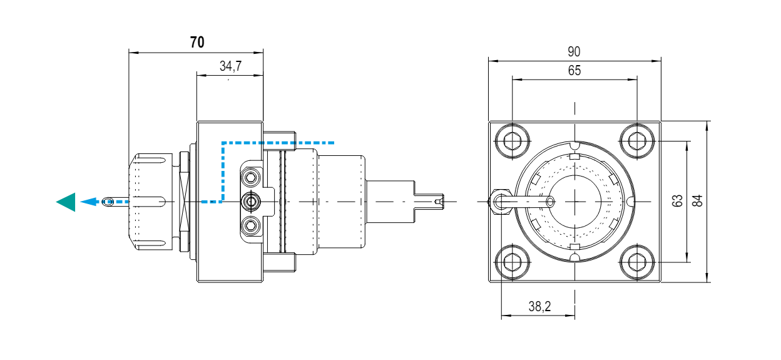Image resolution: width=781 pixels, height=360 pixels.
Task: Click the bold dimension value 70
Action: pyautogui.click(x=197, y=43)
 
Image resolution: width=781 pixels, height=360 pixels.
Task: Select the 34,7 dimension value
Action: pyautogui.click(x=231, y=66)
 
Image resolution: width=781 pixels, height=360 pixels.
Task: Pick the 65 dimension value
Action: pyautogui.click(x=574, y=70)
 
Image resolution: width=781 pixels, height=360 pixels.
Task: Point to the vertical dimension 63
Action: pyautogui.click(x=677, y=201)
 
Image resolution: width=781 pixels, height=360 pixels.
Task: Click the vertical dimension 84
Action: pyautogui.click(x=698, y=201)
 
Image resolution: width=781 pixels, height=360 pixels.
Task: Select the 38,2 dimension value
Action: pyautogui.click(x=539, y=307)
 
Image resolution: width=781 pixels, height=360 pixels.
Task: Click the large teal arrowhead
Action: pyautogui.click(x=66, y=202)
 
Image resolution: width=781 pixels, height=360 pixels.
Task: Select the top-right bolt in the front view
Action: pyautogui.click(x=636, y=141)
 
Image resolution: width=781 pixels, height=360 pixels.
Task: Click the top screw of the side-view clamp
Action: pyautogui.click(x=252, y=178)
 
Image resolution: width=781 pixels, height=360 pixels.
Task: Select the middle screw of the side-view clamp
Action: pyautogui.click(x=252, y=202)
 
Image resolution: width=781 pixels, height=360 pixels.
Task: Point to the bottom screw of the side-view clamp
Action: pyautogui.click(x=252, y=224)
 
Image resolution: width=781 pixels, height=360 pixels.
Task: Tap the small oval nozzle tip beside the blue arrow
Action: pyautogui.click(x=108, y=202)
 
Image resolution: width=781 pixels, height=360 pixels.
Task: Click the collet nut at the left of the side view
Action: pyautogui.click(x=153, y=202)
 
